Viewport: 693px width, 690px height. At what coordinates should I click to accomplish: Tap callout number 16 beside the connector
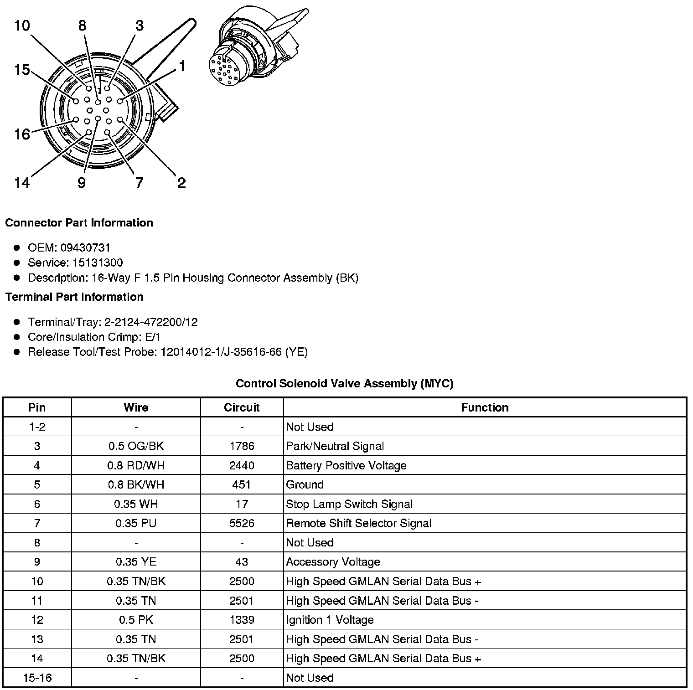tap(22, 134)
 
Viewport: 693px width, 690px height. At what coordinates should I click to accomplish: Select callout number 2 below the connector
tap(181, 183)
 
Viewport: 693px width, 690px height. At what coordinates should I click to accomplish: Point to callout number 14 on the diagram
tap(22, 183)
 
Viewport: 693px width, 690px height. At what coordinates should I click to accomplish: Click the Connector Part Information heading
tap(79, 223)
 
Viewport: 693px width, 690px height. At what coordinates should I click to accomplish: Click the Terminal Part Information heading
tap(74, 297)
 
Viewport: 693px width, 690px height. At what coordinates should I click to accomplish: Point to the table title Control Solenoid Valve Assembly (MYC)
tap(345, 384)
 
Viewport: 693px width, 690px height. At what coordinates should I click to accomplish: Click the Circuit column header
tap(242, 407)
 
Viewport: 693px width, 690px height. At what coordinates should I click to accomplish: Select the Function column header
tap(485, 407)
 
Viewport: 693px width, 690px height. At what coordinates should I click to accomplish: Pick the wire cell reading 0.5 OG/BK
tap(136, 446)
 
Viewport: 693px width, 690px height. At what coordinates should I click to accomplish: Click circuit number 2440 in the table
tap(242, 465)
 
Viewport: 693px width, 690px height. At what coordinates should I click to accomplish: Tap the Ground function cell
tap(305, 485)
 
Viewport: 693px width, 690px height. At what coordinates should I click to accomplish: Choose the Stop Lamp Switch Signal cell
tap(349, 504)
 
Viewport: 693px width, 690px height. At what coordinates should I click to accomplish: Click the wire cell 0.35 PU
tap(136, 523)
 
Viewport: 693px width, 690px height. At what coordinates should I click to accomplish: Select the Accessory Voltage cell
tap(333, 562)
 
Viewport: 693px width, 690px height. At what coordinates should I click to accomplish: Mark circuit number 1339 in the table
tap(242, 620)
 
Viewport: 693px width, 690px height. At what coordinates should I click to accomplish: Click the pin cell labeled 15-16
tap(37, 678)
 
